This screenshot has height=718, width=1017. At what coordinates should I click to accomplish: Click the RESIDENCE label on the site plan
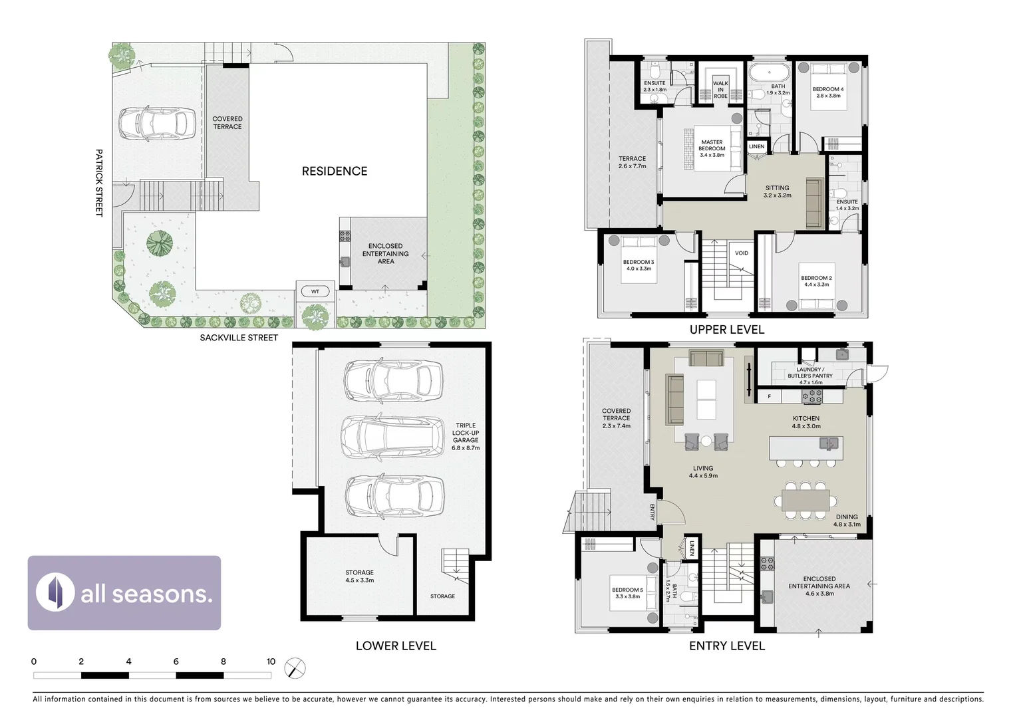click(334, 172)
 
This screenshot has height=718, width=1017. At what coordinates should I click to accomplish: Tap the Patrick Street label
click(99, 183)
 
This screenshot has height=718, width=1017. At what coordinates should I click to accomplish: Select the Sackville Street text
click(239, 338)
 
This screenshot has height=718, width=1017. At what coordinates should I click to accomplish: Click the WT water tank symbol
click(315, 291)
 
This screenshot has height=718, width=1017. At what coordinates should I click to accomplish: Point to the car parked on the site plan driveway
click(156, 124)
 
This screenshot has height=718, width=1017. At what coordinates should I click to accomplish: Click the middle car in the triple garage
click(392, 437)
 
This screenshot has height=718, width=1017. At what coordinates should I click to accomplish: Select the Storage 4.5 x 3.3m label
click(359, 576)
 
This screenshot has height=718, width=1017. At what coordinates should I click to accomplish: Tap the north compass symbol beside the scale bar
click(295, 668)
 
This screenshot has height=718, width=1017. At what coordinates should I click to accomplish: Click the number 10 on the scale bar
click(271, 661)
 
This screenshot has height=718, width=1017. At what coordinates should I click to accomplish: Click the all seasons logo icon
click(55, 592)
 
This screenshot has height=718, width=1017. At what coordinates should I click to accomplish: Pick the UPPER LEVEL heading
click(726, 330)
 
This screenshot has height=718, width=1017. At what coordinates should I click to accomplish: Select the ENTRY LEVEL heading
click(726, 646)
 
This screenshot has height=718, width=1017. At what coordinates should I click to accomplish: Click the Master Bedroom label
click(712, 148)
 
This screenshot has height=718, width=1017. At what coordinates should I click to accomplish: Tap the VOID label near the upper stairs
click(742, 253)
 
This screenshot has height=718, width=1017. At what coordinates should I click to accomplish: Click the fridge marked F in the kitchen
click(770, 397)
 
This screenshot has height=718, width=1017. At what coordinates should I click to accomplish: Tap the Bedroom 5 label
click(627, 593)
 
